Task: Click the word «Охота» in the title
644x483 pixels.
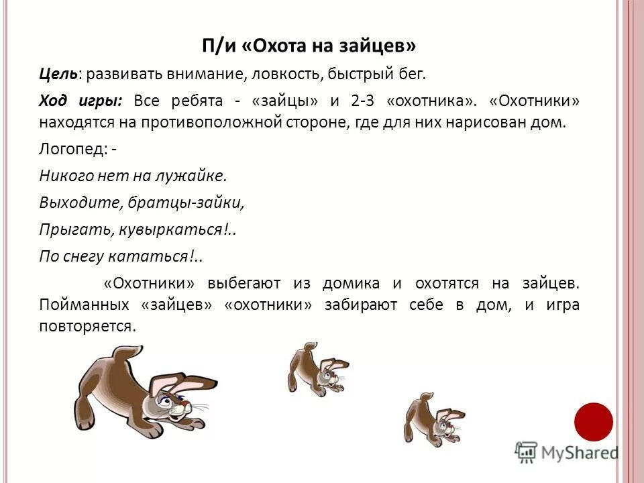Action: tap(276, 46)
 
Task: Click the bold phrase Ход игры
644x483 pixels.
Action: tap(80, 101)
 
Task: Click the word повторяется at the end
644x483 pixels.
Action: tap(87, 325)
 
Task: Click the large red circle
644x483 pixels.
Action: tap(594, 421)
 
